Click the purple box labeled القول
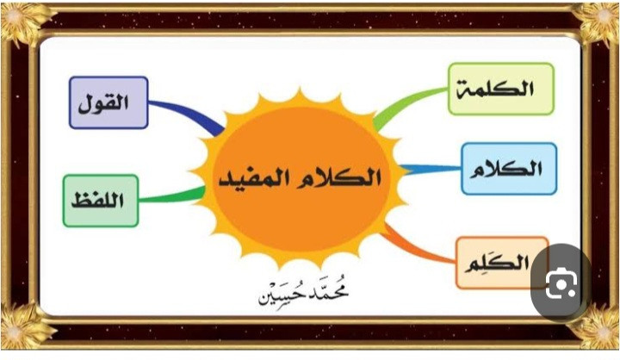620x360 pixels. (108, 102)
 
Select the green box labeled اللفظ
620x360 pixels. (101, 201)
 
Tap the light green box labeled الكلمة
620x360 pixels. (501, 89)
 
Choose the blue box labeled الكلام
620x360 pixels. (509, 169)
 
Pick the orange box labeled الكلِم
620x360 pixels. (502, 263)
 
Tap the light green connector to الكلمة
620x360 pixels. (407, 102)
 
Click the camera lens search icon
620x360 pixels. (561, 283)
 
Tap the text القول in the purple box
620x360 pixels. (103, 103)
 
